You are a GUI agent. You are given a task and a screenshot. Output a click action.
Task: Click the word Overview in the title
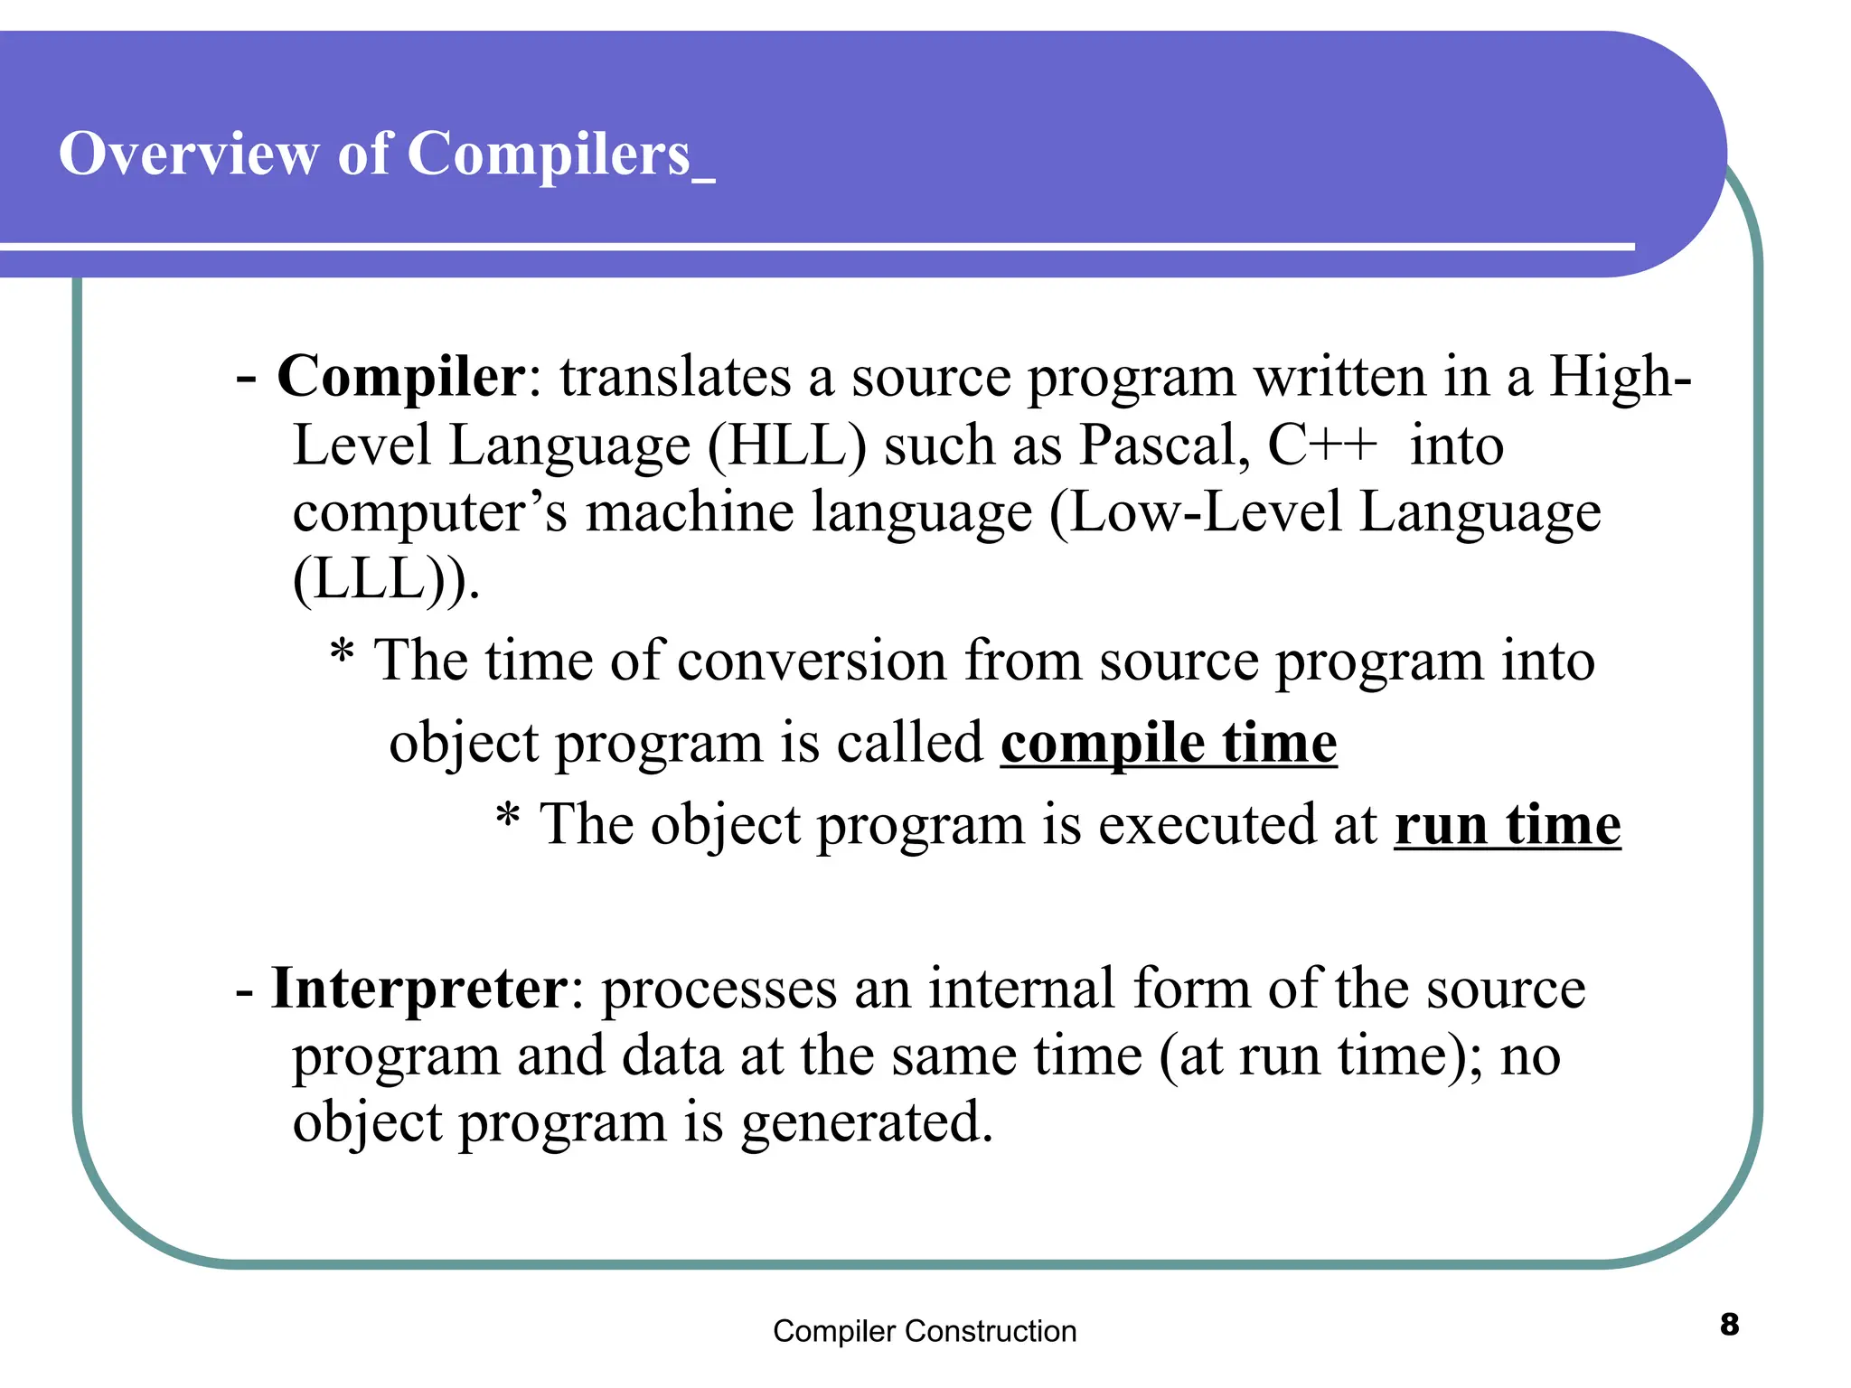pos(188,154)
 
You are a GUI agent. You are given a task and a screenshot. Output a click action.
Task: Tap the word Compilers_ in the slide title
pos(560,155)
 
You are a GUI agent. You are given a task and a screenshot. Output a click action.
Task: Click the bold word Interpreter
pos(419,988)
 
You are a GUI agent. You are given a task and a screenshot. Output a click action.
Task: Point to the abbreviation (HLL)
pos(786,445)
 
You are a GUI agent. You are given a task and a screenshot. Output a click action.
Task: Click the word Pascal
pos(1164,445)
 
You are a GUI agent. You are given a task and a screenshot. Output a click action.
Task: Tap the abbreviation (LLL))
pos(385,578)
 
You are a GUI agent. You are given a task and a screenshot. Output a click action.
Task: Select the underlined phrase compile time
pos(1168,744)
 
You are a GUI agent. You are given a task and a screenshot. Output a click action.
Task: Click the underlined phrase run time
pos(1507,826)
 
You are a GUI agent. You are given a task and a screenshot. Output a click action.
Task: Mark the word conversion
pos(812,661)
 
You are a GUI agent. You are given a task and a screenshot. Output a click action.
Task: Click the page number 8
pos(1729,1325)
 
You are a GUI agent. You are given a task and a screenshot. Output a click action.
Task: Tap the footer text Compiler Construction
pos(924,1331)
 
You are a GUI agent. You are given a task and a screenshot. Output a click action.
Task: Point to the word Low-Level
pos(1206,512)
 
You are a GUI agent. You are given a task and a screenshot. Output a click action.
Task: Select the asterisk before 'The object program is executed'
pos(508,817)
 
